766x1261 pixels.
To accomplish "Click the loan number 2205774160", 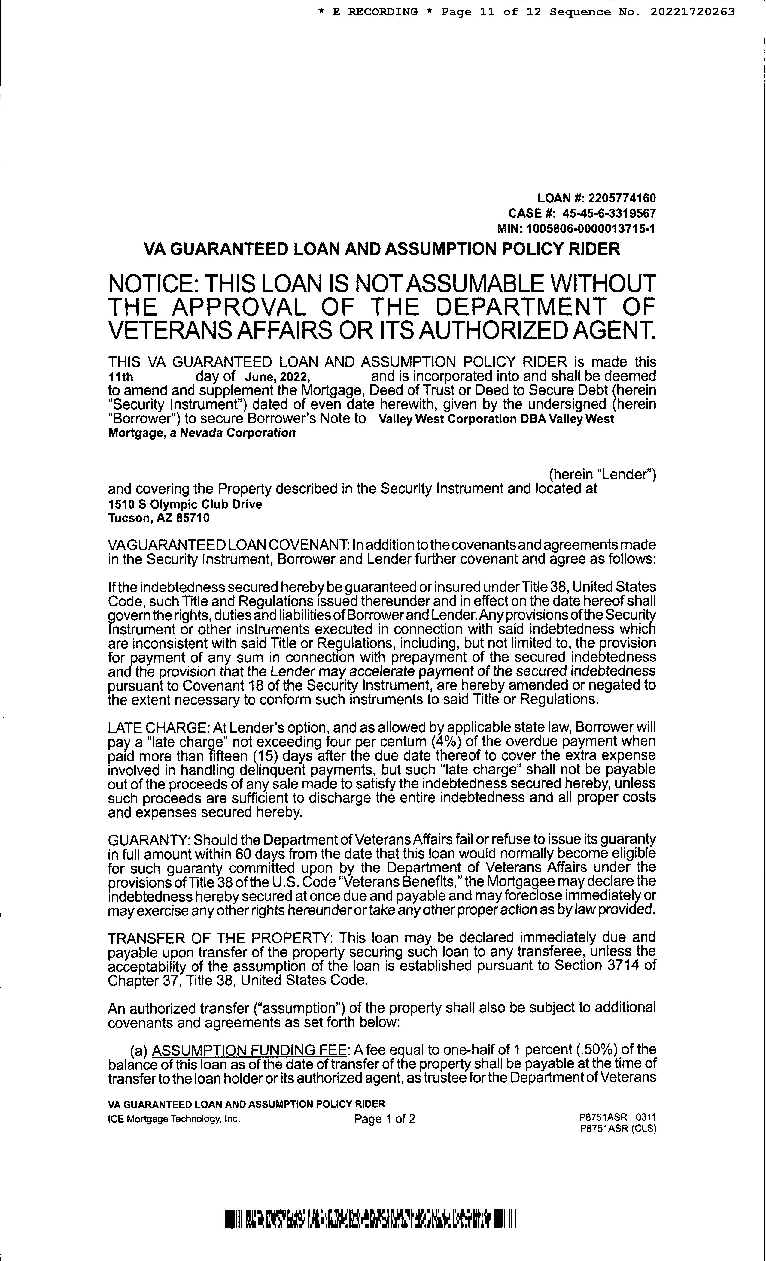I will (622, 198).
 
